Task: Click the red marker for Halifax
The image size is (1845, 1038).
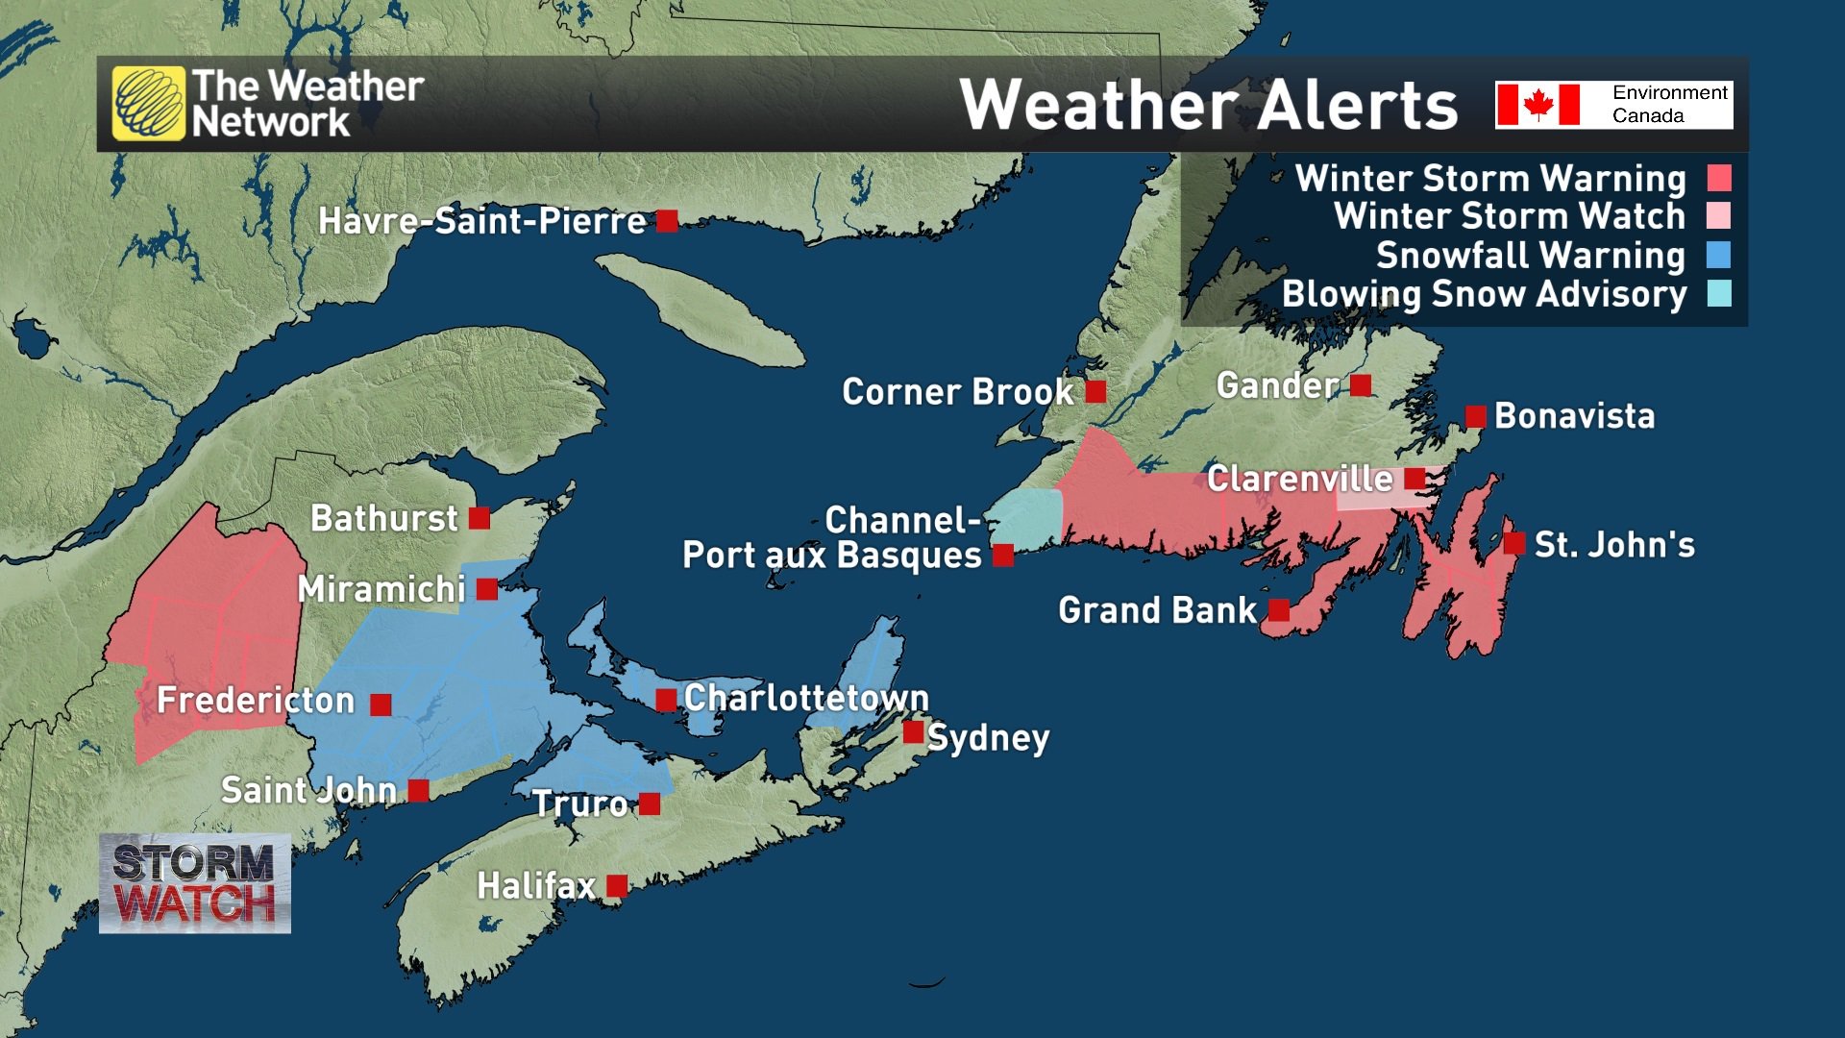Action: tap(617, 885)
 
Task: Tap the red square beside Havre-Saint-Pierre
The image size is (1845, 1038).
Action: tap(667, 221)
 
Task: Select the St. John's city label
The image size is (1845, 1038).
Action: tap(1614, 544)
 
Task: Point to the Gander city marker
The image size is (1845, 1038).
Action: tap(1361, 385)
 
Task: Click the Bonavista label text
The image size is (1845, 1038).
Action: tap(1574, 416)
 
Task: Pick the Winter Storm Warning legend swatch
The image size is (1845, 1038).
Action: tap(1719, 178)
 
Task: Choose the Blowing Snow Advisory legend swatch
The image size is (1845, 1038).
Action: tap(1719, 293)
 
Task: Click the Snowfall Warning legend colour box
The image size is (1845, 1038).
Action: tap(1719, 255)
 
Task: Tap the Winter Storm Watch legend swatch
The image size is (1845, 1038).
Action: tap(1719, 215)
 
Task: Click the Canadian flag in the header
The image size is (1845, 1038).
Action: tap(1538, 104)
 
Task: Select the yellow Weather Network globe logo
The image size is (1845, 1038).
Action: tap(149, 104)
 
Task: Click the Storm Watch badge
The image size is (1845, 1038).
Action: tap(195, 883)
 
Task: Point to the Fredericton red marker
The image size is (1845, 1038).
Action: tap(381, 704)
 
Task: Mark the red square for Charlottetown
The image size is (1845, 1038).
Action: tap(666, 700)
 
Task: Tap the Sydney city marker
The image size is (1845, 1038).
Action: tap(913, 732)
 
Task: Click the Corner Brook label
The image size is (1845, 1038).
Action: tap(957, 392)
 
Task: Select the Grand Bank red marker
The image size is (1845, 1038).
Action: tap(1279, 609)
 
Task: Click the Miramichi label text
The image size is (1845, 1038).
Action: tap(381, 589)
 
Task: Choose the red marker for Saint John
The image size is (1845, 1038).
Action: tap(418, 790)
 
